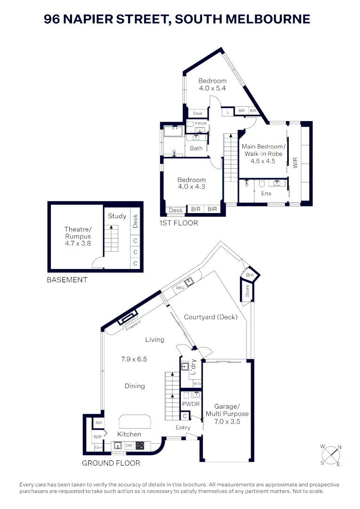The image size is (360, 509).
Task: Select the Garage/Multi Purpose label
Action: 227,413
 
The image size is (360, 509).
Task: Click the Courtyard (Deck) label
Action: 211,317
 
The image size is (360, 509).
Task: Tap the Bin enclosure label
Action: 249,275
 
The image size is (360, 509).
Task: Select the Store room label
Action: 247,292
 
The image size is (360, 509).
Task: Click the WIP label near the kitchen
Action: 98,437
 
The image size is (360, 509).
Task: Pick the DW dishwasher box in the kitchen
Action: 128,445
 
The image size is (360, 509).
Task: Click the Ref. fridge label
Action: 98,423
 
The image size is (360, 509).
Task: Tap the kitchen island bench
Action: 135,420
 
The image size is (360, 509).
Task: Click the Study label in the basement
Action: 117,216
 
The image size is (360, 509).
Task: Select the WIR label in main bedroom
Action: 295,163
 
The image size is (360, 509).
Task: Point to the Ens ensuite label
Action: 266,193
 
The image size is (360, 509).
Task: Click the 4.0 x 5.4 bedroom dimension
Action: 212,88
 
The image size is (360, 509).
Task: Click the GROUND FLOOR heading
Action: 111,463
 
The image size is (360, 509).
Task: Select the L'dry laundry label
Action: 194,367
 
